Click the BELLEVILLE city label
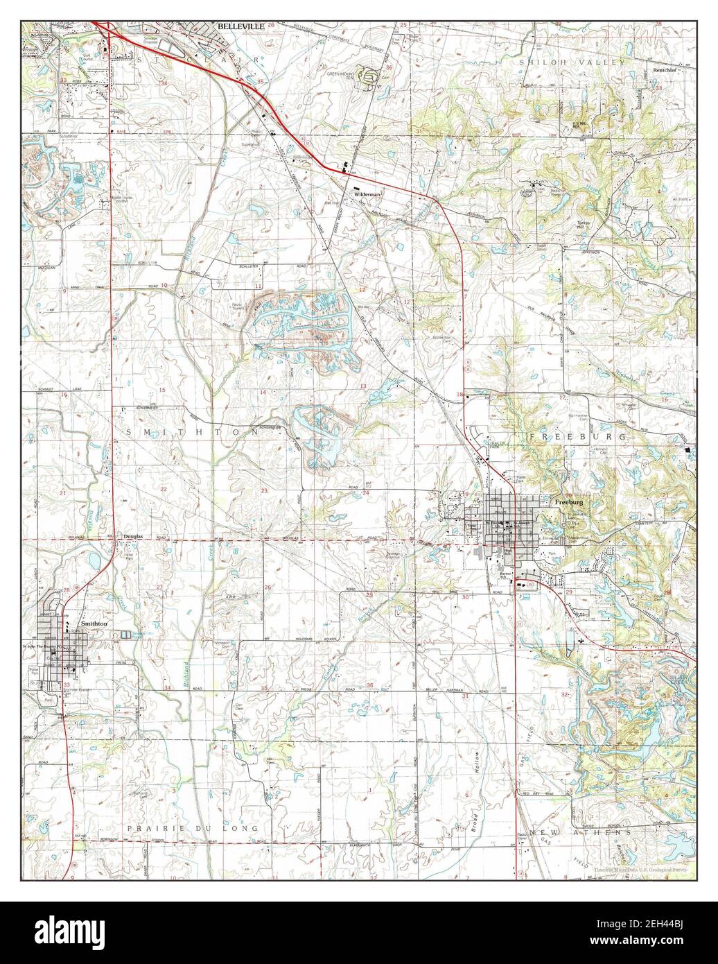click(x=240, y=26)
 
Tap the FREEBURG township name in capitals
click(x=578, y=437)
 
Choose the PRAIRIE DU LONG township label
click(x=192, y=829)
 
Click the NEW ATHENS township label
click(x=580, y=832)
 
